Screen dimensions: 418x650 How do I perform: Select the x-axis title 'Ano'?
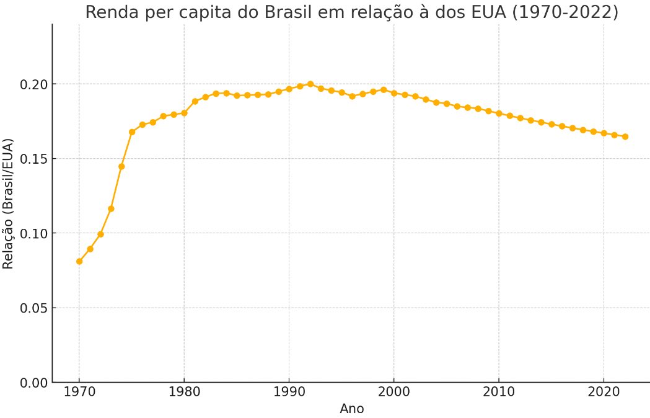(351, 409)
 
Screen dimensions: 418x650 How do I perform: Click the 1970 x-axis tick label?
(79, 393)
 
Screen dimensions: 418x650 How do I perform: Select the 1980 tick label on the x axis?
(184, 393)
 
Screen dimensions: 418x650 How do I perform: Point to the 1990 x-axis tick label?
(289, 393)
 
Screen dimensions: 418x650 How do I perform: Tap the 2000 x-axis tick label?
(394, 393)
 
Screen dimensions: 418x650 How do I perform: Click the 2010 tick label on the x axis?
(499, 393)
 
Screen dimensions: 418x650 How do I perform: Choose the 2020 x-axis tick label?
(604, 393)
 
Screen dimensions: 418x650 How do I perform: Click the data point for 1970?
(79, 261)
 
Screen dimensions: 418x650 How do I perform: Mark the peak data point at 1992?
(310, 84)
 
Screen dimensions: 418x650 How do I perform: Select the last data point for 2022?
(625, 136)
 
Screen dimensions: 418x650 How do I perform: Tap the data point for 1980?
(184, 113)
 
